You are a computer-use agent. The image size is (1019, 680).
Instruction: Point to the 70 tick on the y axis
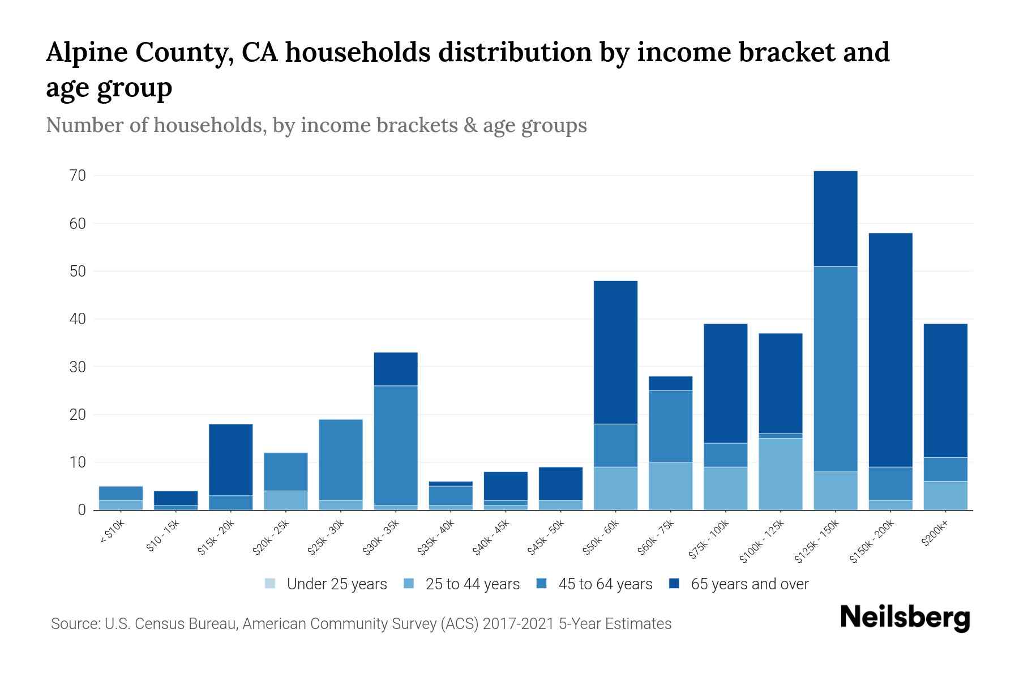click(78, 176)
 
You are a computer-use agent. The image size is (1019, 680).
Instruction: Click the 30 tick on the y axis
click(78, 367)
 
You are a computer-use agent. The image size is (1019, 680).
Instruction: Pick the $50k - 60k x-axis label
click(602, 538)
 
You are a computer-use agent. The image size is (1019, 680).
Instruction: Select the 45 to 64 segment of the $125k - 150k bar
click(836, 368)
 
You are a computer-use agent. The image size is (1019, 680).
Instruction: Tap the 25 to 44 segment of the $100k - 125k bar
click(781, 474)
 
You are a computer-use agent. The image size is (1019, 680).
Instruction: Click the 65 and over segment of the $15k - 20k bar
click(231, 460)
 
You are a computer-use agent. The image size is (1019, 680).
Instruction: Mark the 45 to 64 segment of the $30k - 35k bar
click(396, 445)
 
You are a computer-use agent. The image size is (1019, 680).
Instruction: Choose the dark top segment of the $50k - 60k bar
click(615, 352)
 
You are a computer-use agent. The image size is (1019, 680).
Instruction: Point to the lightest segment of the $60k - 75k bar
click(671, 486)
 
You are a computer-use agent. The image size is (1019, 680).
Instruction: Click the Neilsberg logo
click(905, 618)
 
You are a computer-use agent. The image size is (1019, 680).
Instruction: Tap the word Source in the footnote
click(74, 624)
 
